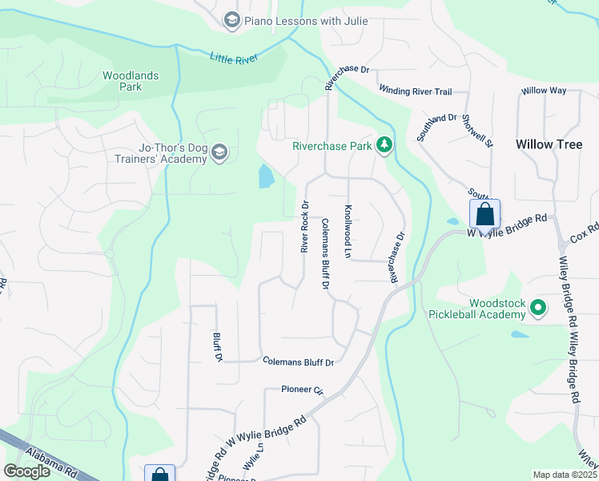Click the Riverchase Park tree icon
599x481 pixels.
coord(386,145)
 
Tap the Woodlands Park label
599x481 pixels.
coord(131,81)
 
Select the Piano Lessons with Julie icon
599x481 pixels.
coord(232,20)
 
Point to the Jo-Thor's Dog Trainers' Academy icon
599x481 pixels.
coord(220,152)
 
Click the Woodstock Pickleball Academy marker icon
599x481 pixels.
coord(539,308)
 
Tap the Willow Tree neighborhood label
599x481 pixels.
coord(549,144)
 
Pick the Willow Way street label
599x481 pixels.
coord(544,91)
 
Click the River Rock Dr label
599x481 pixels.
coord(305,227)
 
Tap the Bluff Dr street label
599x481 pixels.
coord(216,346)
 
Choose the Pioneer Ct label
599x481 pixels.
coord(301,390)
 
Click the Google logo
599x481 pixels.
coord(26,471)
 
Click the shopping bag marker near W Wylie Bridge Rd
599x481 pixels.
coord(484,214)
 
